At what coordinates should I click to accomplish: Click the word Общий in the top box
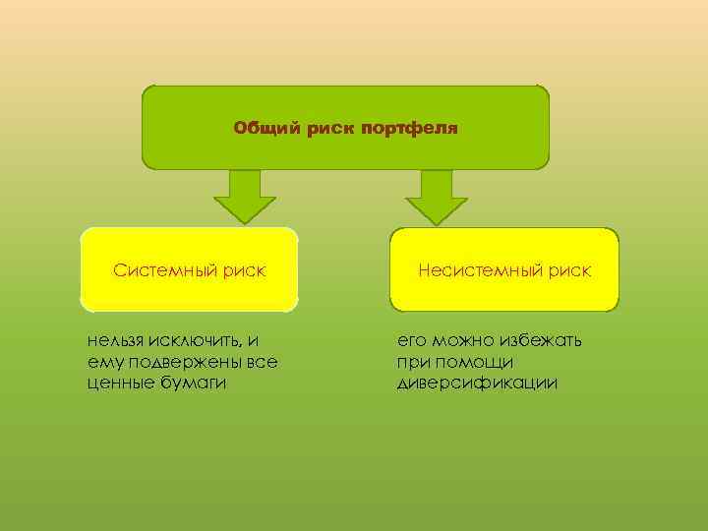pos(259,128)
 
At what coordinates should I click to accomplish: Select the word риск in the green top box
pos(331,128)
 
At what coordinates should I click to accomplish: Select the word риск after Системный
pos(244,269)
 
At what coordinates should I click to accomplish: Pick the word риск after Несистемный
pos(569,269)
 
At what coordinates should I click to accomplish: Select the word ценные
pos(118,383)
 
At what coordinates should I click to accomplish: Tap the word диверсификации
pos(477,383)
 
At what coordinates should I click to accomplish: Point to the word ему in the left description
pos(101,362)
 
